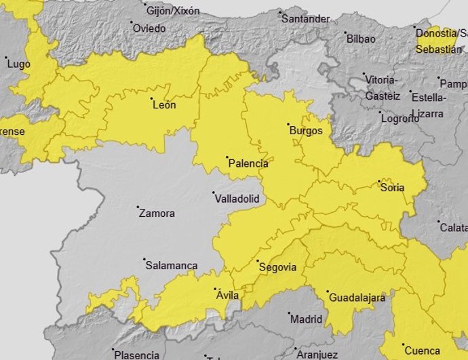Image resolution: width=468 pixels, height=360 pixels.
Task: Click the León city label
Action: coord(164,105)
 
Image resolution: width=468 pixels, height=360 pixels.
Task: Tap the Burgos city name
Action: coord(305,130)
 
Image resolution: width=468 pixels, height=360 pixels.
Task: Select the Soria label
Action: coord(393,188)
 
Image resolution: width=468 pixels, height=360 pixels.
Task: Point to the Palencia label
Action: coord(248,163)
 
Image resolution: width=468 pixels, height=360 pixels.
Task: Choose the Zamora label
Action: coord(156,213)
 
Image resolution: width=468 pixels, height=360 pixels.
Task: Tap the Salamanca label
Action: coord(172,266)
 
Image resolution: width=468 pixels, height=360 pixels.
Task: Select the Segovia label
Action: coord(278,267)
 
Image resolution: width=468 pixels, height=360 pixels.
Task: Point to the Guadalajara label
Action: coord(357,298)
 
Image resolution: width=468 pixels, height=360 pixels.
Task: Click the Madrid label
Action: coord(306,319)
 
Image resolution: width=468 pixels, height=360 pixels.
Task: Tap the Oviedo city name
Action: coord(149,28)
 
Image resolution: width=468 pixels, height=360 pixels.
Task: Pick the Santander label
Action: coord(306,19)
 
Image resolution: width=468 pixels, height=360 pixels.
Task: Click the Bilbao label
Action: coord(361,39)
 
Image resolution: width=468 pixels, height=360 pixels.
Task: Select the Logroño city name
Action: coord(400,118)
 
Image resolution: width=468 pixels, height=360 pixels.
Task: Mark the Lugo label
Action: coord(18,64)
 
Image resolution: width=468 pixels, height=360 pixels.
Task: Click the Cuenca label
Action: coord(421,351)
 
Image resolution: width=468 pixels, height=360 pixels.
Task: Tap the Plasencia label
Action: coord(136,355)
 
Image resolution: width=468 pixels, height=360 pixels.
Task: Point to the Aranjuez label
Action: coord(316,355)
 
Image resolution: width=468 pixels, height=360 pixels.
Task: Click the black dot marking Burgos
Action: coord(288,124)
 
